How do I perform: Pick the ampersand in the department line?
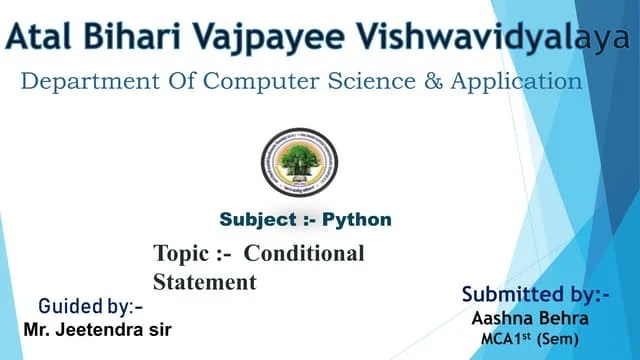coord(433,81)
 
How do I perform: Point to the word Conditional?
coord(305,254)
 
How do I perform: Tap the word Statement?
coord(205,283)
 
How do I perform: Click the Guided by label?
coord(91,305)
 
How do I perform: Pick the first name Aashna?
coord(502,318)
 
